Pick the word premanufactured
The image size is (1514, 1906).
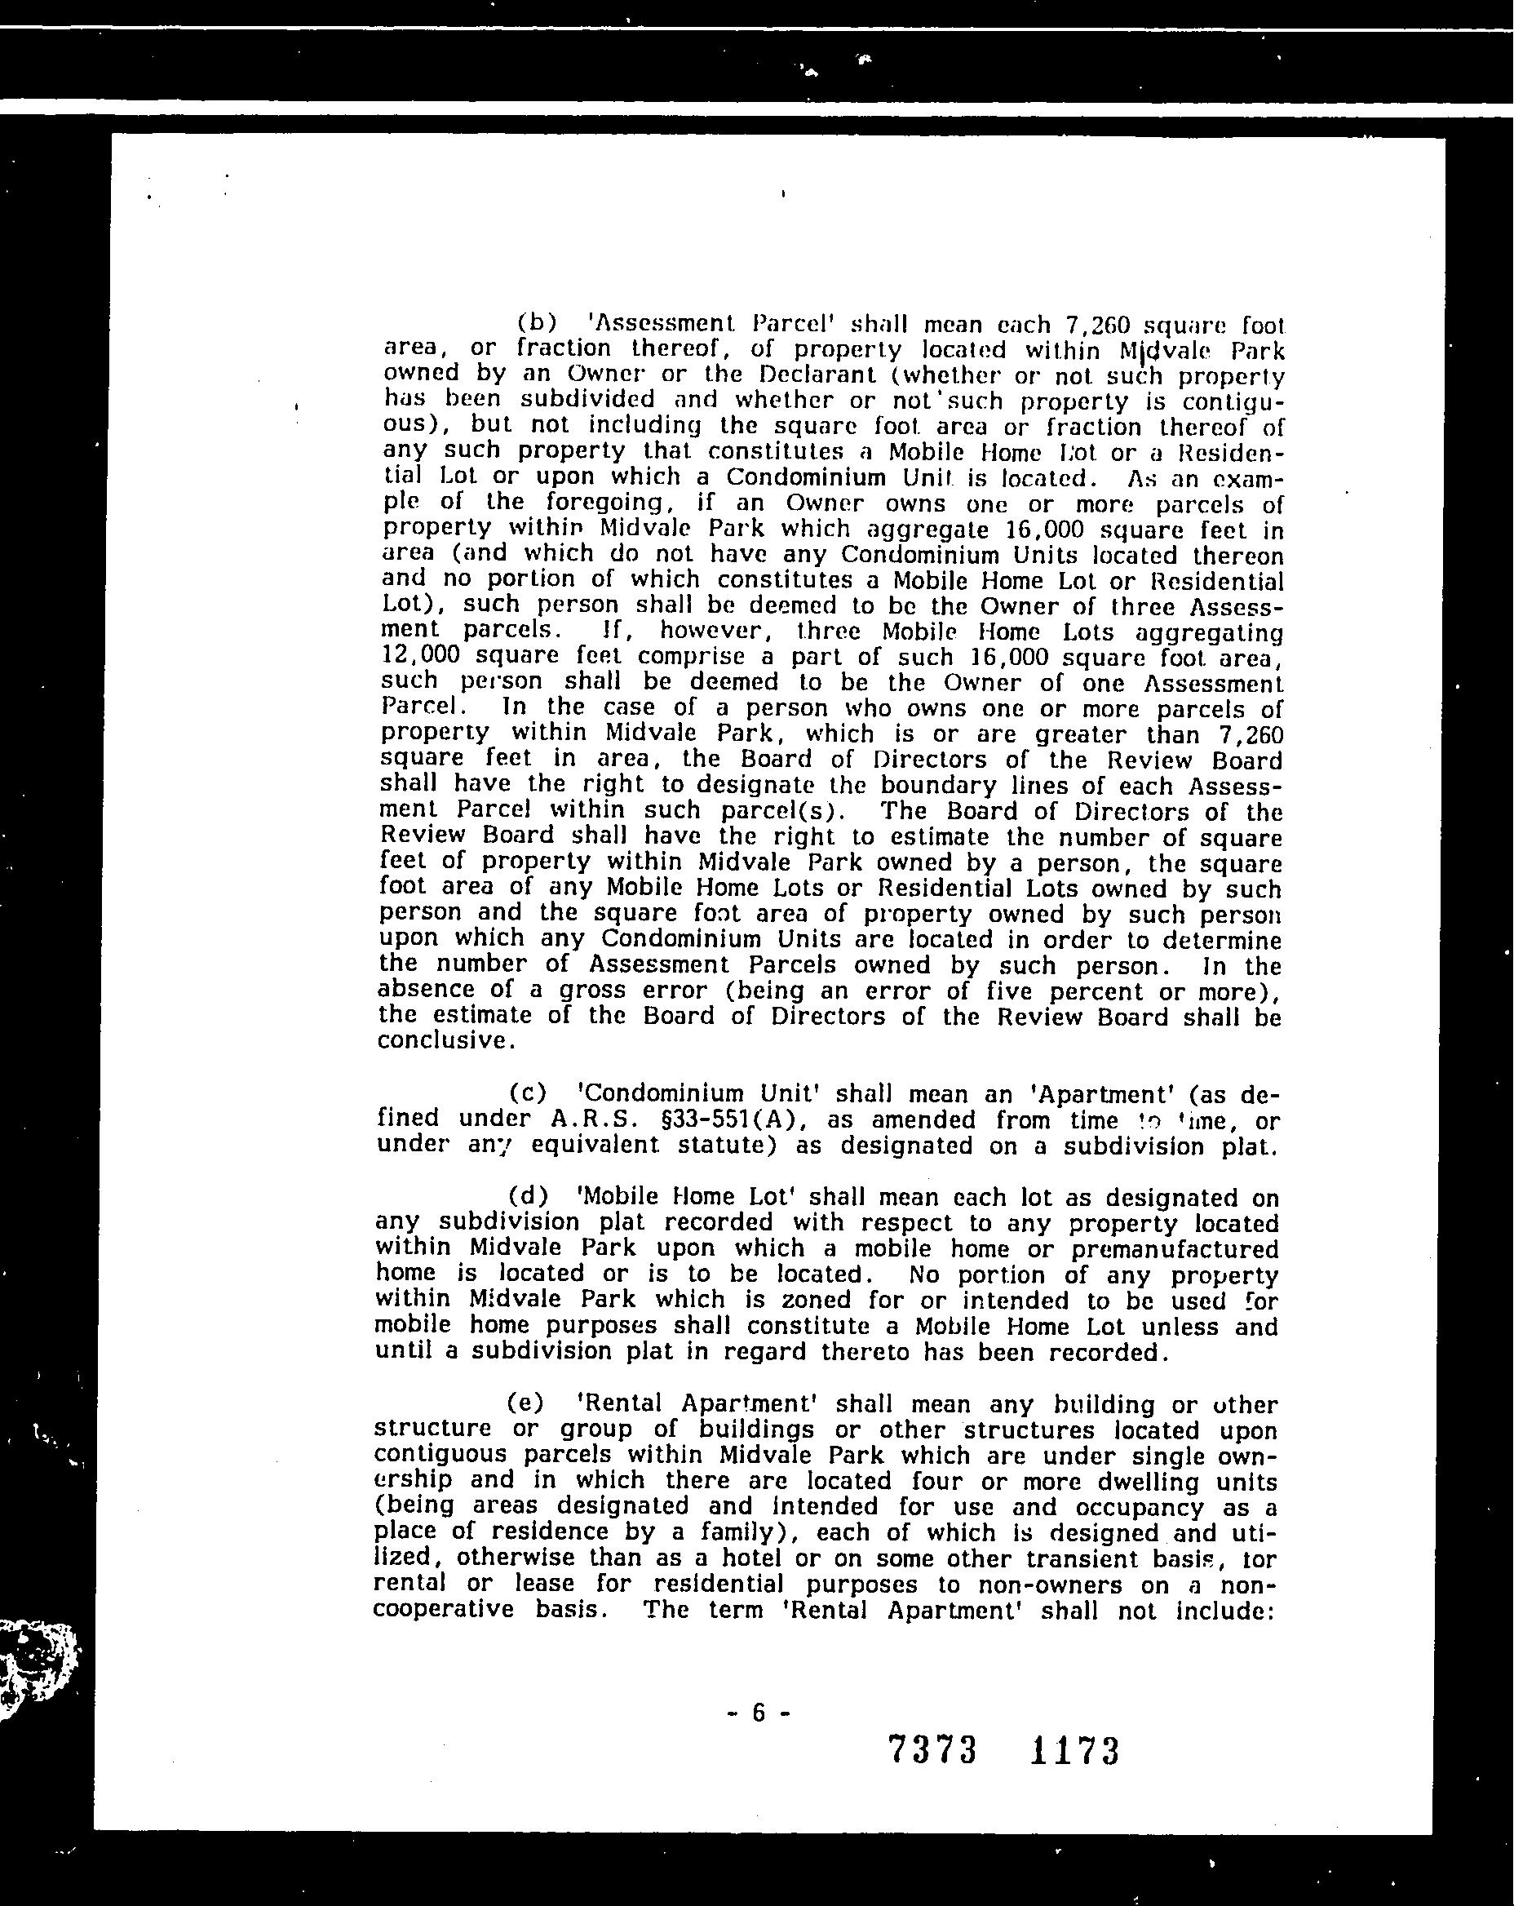1174,1249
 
